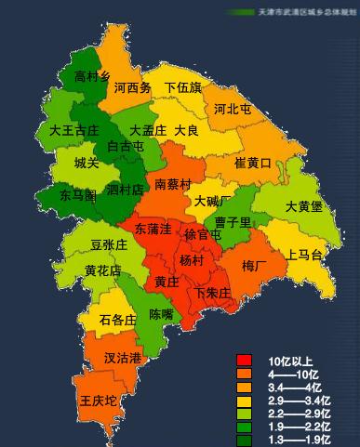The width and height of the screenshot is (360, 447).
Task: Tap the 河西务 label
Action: tap(133, 89)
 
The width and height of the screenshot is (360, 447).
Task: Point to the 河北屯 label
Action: tap(233, 110)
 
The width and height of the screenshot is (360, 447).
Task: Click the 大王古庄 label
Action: tap(73, 131)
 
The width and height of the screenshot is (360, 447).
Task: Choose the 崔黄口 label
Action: tap(252, 164)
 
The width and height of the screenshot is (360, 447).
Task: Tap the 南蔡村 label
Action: tap(173, 184)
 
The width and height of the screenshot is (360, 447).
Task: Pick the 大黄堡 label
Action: tap(303, 206)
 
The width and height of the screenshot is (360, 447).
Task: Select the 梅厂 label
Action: tap(254, 267)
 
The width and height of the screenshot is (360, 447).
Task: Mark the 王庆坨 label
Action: tap(98, 401)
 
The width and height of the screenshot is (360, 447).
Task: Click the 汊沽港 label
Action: tap(122, 358)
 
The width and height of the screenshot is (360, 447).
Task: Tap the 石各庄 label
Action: tap(117, 321)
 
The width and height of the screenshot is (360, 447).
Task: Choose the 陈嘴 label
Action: tap(161, 315)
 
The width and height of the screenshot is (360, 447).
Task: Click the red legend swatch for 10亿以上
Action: tap(245, 361)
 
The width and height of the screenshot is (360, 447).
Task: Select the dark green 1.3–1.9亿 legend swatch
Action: tap(245, 439)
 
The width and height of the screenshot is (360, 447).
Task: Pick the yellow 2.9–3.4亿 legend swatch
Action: tap(245, 400)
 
